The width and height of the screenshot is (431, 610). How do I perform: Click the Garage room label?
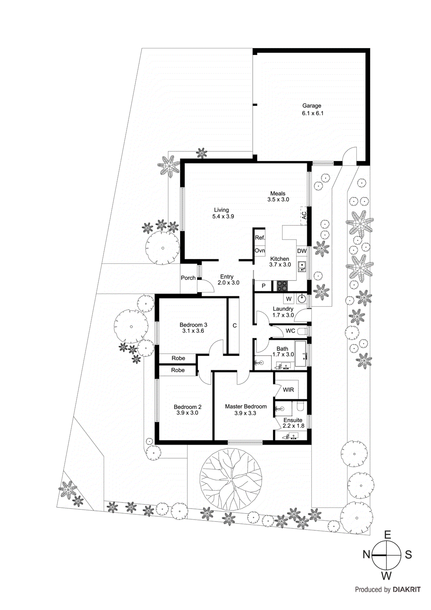pos(312,106)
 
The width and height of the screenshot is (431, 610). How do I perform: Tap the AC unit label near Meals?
pos(304,215)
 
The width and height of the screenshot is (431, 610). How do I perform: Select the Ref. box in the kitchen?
pos(260,238)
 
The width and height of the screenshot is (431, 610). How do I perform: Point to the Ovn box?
pos(260,250)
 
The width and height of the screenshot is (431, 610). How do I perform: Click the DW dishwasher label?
pos(302,251)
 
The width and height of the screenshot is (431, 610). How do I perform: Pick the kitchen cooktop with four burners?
pos(282,286)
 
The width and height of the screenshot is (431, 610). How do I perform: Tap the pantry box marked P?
pos(263,286)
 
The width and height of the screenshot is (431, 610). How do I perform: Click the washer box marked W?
pos(288,299)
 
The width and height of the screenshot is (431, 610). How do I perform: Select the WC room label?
pos(290,331)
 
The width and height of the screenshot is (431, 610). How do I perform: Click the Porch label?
pos(188,278)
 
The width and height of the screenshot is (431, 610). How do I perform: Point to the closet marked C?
pos(234,325)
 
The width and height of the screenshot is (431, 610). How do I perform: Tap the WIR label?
pos(288,390)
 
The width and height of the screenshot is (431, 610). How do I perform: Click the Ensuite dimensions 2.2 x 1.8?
pos(293,426)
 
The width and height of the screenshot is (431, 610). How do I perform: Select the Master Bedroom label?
pos(246,406)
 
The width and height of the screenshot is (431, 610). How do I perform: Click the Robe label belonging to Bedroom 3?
pos(178,358)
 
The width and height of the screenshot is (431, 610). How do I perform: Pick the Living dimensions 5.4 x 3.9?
pos(223,216)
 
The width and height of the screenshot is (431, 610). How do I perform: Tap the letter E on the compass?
pos(388,535)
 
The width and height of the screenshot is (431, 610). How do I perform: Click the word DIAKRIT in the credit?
pos(407,589)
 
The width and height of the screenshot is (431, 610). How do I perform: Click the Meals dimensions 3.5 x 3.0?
pos(278,199)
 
